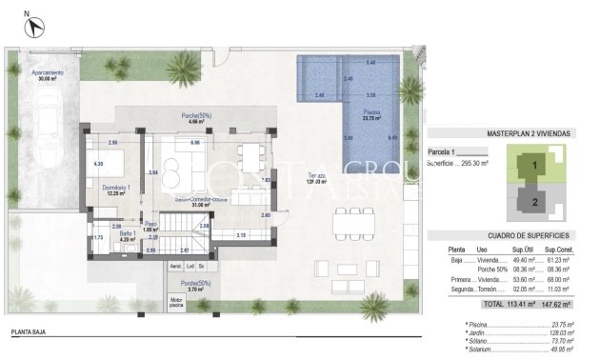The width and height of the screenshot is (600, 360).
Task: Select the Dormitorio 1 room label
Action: pyautogui.click(x=116, y=190)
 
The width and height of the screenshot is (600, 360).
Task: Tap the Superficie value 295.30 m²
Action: pyautogui.click(x=471, y=163)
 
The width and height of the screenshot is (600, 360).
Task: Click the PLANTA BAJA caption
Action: pyautogui.click(x=32, y=334)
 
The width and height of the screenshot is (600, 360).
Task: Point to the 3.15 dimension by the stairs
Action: pyautogui.click(x=242, y=235)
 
